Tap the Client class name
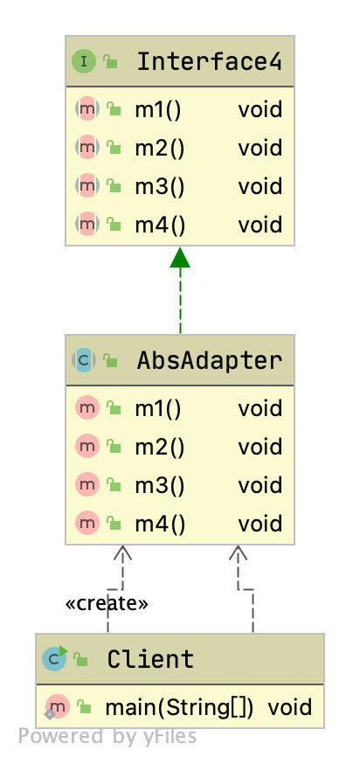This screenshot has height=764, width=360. (x=150, y=658)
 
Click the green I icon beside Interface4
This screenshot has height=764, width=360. (x=85, y=61)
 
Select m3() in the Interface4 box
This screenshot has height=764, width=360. (x=159, y=186)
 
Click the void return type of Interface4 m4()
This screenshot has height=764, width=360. (x=260, y=225)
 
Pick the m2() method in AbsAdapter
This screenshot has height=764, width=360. (x=159, y=447)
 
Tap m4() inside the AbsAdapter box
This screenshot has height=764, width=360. (x=159, y=524)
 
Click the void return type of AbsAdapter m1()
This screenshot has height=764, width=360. (x=260, y=408)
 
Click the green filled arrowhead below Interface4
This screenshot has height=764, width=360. (x=180, y=258)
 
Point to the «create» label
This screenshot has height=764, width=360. (x=107, y=603)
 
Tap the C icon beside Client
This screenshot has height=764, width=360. (x=54, y=658)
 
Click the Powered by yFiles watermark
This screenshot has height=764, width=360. (x=107, y=736)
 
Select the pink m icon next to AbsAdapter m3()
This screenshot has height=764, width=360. (x=87, y=485)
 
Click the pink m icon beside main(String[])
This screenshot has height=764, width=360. (x=58, y=706)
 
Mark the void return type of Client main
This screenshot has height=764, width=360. (x=289, y=706)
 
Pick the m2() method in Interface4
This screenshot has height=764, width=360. (x=159, y=148)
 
